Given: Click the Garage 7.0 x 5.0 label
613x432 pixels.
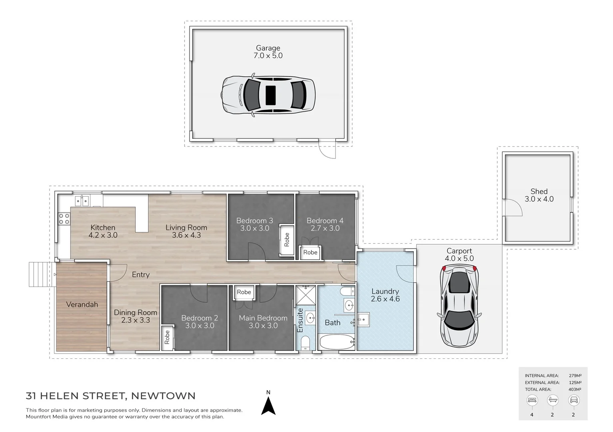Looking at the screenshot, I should [x=268, y=52].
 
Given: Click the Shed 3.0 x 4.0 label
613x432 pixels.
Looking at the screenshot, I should [x=539, y=195].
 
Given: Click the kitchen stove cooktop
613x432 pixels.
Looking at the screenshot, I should [x=64, y=218].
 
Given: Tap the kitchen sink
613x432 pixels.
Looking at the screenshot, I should [x=82, y=200].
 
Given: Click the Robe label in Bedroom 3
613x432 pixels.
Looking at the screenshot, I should [x=286, y=240].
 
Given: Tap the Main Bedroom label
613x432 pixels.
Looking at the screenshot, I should [x=263, y=318].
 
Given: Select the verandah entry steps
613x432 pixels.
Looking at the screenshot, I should [x=42, y=274].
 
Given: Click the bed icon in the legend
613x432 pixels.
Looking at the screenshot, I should [x=532, y=400].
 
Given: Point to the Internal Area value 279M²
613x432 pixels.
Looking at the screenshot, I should [x=575, y=376].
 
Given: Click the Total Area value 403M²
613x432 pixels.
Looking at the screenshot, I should [x=575, y=389].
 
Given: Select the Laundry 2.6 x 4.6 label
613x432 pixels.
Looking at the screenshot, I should [x=385, y=295].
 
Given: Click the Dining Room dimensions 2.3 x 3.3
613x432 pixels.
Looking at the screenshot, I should [x=135, y=320].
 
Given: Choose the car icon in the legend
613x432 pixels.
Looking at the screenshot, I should [x=573, y=400].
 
